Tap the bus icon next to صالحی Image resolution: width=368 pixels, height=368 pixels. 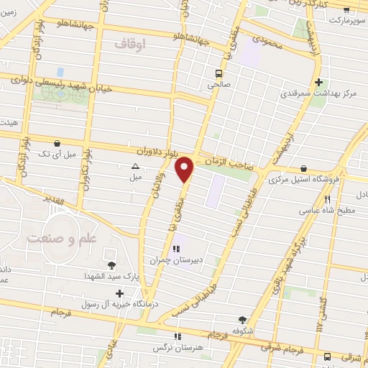pos(219,73)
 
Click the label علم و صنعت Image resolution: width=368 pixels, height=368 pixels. pos(55,238)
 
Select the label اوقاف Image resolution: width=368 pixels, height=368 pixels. pos(129,44)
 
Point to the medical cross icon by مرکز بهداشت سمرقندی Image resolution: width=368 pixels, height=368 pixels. pos(318,82)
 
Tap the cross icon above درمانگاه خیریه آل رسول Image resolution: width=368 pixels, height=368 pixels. pos(119,293)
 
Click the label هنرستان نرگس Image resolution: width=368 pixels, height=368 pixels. pos(177,346)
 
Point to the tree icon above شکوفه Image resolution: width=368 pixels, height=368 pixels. pos(242,321)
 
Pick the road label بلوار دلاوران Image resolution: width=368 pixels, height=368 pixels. pos(157,152)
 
